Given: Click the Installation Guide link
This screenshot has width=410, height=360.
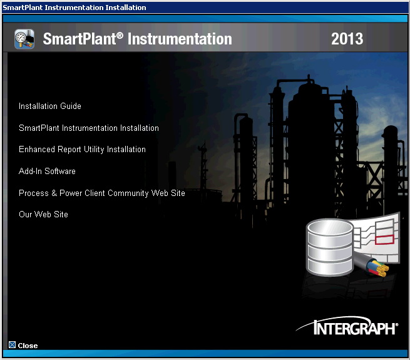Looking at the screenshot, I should [50, 106].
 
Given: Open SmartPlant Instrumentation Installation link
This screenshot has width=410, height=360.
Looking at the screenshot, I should [89, 128].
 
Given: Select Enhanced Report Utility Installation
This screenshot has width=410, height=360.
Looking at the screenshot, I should [82, 150].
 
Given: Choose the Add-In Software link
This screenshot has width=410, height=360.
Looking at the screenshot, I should [47, 172].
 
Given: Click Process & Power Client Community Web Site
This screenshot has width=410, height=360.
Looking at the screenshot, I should [102, 193].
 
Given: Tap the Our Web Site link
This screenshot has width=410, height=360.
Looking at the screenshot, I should [43, 215].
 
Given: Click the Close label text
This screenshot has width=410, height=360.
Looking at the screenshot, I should [28, 346].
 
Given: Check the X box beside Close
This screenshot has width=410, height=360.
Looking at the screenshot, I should [12, 345].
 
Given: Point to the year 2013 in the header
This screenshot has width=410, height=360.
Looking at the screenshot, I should [347, 39].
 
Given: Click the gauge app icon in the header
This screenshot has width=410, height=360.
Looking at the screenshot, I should [24, 39].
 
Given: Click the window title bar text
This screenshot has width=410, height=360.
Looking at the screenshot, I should [74, 8].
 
